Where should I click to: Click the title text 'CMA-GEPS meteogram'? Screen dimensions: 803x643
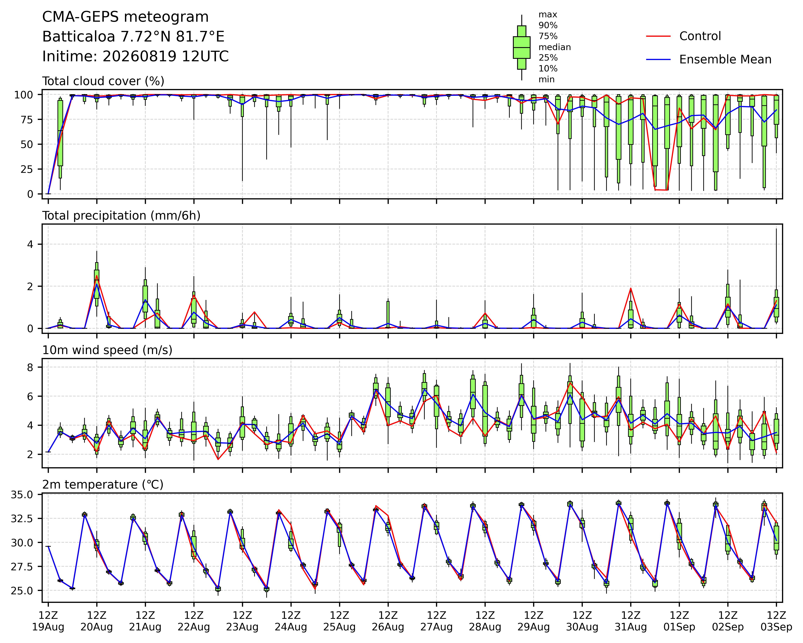126,17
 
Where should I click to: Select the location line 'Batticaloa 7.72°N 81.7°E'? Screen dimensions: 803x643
133,37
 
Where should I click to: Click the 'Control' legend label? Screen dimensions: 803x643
700,36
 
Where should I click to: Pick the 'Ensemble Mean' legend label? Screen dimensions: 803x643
725,60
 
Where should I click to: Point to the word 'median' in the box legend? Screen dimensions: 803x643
555,47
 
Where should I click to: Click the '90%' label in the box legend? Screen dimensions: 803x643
548,26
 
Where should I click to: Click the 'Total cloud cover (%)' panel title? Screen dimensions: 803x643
103,81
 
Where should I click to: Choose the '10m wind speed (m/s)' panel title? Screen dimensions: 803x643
107,350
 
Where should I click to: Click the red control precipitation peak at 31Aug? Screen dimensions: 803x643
631,288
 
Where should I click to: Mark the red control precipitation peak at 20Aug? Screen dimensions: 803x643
96,276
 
